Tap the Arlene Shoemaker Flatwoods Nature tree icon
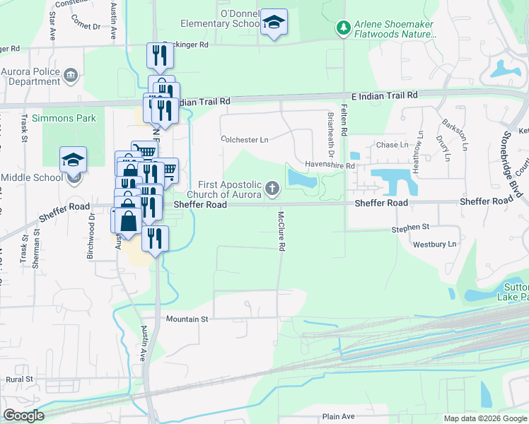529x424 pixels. tap(343, 28)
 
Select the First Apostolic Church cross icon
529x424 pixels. tap(272, 189)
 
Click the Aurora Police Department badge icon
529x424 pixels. tap(70, 75)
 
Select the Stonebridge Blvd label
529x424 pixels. tap(515, 153)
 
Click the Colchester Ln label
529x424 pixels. tap(245, 140)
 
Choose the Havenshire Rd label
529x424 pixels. tap(330, 165)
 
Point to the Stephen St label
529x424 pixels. tap(411, 228)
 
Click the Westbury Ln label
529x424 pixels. tap(436, 245)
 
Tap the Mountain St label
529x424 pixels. tap(187, 319)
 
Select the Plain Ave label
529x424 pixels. tap(338, 417)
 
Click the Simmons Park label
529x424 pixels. tap(69, 119)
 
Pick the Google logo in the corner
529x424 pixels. tap(23, 416)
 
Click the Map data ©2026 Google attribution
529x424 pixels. tap(484, 418)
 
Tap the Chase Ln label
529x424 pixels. tap(393, 145)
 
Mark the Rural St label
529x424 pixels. tap(19, 379)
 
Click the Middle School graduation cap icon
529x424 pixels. tap(73, 161)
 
